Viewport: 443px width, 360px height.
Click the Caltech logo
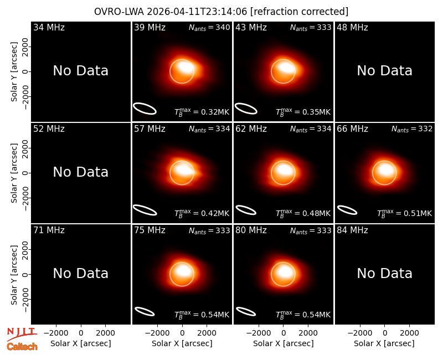click(x=22, y=347)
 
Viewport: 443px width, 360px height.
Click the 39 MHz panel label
click(x=150, y=27)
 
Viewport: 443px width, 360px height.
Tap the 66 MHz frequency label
click(x=352, y=129)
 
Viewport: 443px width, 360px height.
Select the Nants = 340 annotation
click(x=209, y=27)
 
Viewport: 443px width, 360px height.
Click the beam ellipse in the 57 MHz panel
click(x=145, y=210)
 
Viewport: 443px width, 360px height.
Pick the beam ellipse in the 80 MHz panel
click(x=246, y=311)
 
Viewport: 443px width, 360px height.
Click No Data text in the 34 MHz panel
click(x=80, y=71)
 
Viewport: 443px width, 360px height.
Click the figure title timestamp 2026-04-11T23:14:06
click(x=197, y=12)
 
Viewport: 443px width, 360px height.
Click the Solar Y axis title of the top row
click(x=14, y=72)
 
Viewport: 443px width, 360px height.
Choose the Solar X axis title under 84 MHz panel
click(x=384, y=343)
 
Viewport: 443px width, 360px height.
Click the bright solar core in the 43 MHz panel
click(x=286, y=67)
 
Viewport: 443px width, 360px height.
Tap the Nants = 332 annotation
click(x=411, y=129)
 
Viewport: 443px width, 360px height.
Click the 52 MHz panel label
click(x=49, y=129)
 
